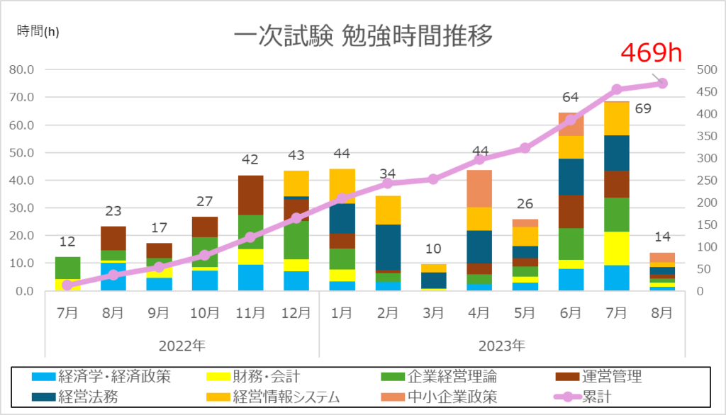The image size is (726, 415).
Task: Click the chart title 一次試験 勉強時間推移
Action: (362, 35)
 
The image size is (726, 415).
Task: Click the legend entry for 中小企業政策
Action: (448, 396)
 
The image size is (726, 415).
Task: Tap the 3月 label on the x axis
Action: (433, 313)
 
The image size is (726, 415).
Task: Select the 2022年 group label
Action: (182, 346)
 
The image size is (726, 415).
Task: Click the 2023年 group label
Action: (502, 346)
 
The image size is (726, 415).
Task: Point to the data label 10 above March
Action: (432, 249)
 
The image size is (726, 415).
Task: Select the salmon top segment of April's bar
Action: (479, 188)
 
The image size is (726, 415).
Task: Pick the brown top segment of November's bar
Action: (250, 195)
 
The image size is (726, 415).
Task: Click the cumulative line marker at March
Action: (433, 179)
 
